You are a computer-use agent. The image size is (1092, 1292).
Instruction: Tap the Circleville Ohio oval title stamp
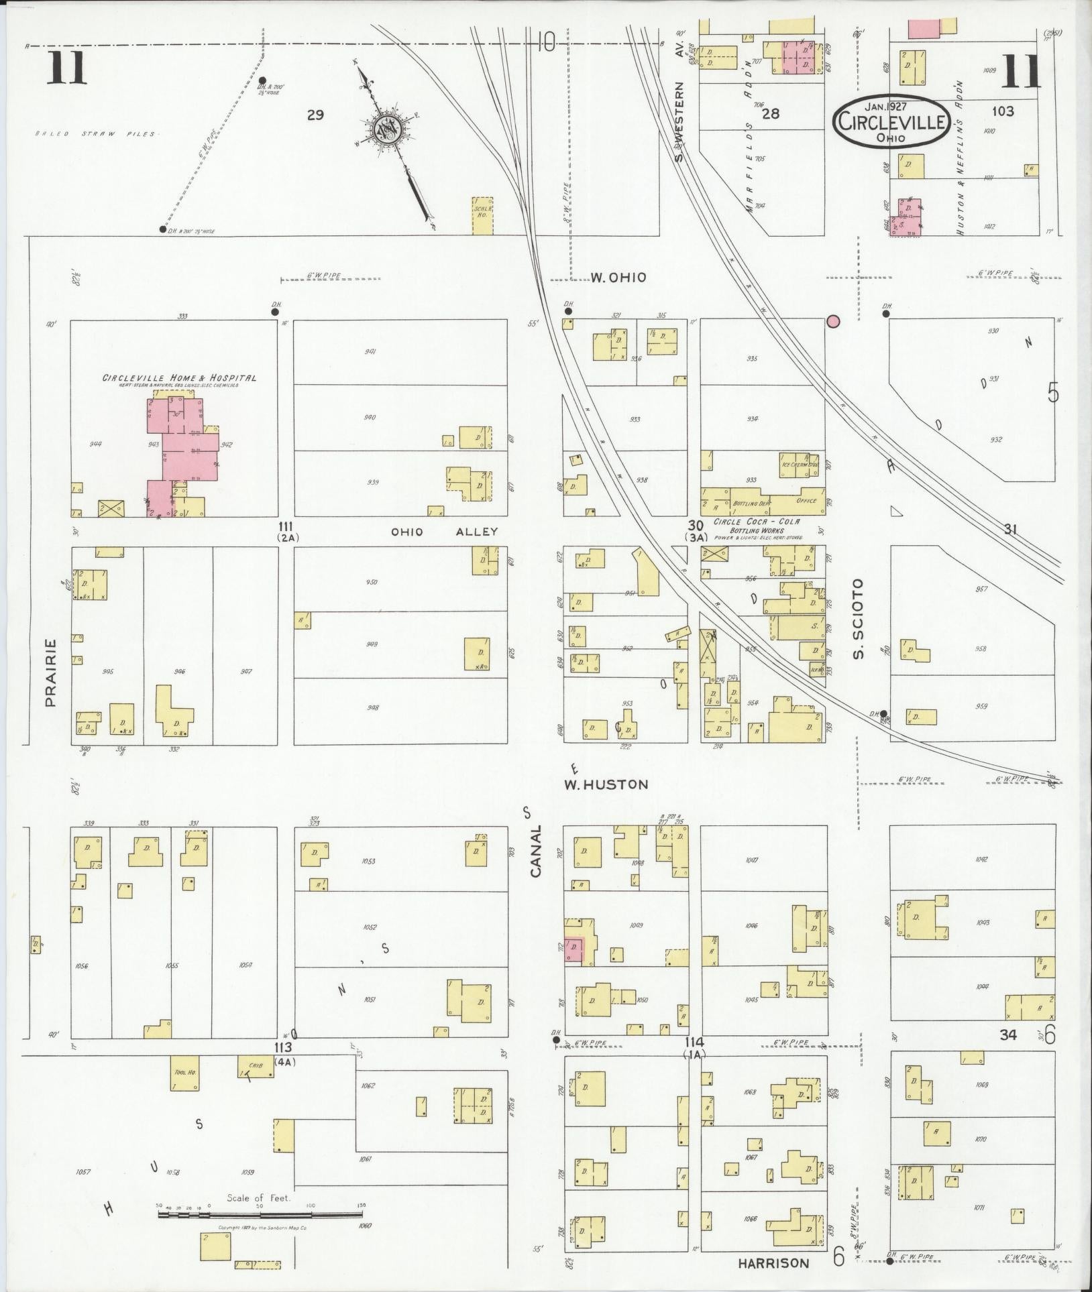891,121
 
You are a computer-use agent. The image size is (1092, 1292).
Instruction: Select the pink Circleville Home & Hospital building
182,448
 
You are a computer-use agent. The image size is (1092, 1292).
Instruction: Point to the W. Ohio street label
618,277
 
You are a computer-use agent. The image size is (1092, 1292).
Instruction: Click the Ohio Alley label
445,532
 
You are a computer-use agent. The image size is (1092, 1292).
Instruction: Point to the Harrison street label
773,1262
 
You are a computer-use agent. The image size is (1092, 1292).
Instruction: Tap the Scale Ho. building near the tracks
483,215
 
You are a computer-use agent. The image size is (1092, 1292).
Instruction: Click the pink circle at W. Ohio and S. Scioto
833,322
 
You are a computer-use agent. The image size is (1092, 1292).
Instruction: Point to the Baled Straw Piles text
95,134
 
